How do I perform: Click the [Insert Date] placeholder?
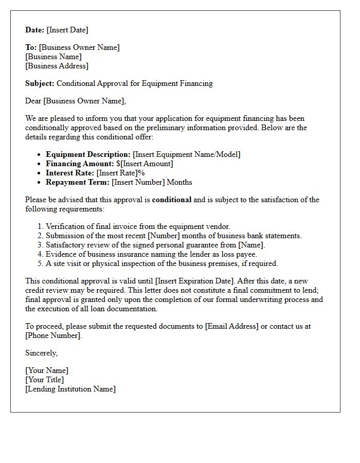point(67,30)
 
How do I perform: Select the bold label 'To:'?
point(31,47)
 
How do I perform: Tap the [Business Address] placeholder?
point(57,66)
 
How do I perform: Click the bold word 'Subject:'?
point(40,83)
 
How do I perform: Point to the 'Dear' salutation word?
point(33,101)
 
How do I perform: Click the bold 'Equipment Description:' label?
point(88,154)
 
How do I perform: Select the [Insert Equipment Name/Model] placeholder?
point(186,154)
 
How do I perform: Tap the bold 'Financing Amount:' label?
point(80,164)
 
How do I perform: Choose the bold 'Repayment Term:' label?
point(78,182)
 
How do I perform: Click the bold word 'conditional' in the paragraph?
point(172,200)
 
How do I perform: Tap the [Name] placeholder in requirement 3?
point(254,245)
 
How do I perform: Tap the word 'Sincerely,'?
point(42,353)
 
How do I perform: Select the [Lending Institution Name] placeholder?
point(70,389)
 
